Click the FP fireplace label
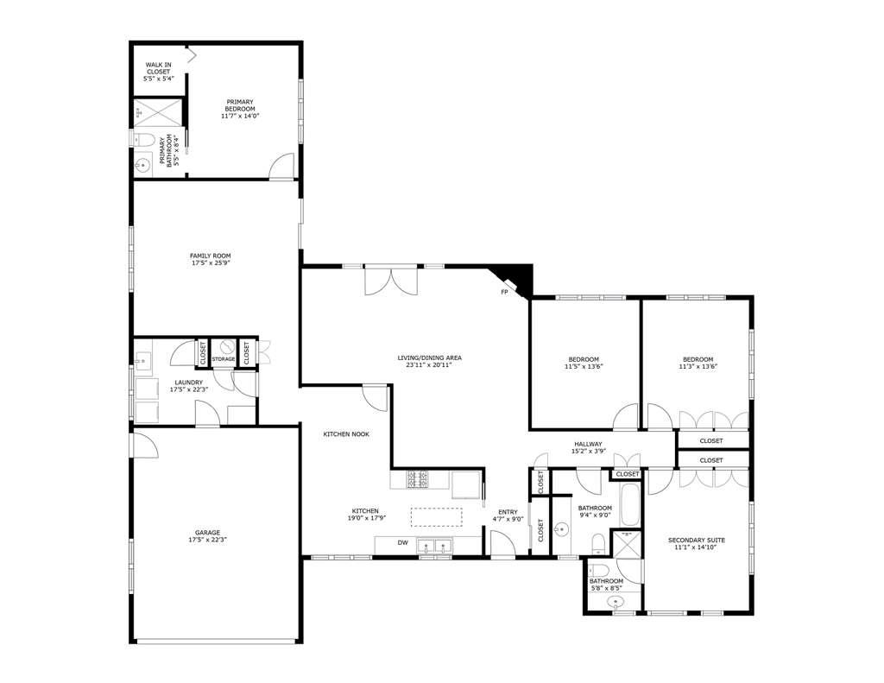point(504,292)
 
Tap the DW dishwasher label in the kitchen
point(402,543)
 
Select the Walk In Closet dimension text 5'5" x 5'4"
point(158,79)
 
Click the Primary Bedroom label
point(240,104)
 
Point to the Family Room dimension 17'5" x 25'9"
point(210,263)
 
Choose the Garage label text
point(207,532)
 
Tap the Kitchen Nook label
point(346,434)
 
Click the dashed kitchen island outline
point(436,516)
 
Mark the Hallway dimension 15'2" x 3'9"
point(588,452)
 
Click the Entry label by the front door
point(508,512)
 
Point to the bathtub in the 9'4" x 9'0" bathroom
point(629,505)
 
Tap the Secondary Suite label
point(697,541)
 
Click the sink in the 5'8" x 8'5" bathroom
point(616,601)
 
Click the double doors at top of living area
point(391,281)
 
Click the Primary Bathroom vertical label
point(167,150)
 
